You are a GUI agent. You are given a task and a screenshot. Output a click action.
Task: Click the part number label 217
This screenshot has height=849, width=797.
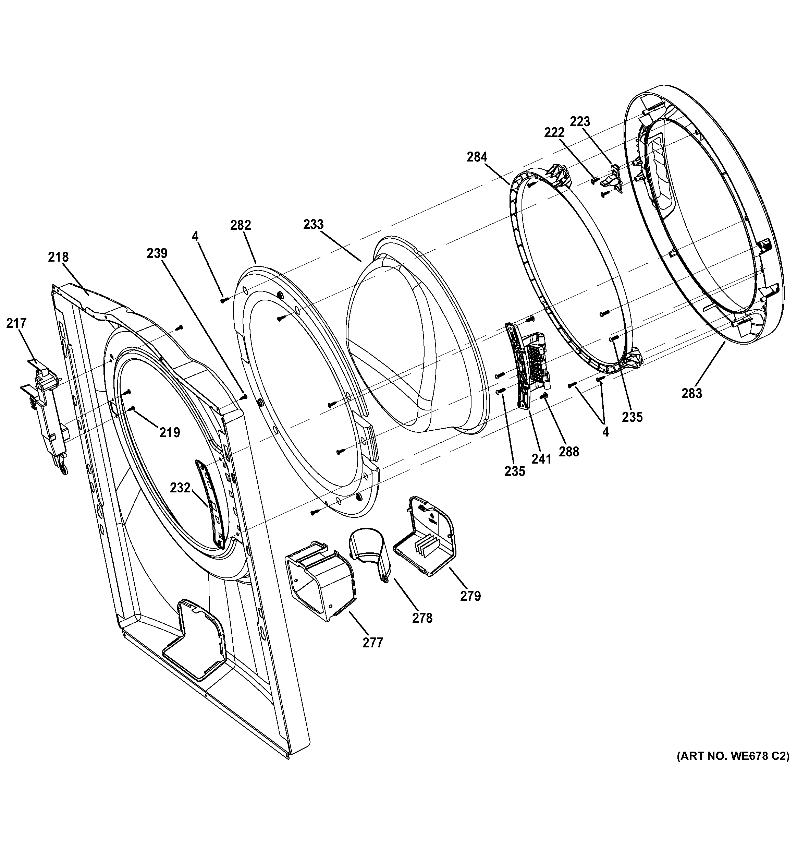tap(16, 324)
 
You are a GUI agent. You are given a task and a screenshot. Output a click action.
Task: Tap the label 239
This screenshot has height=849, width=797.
tap(157, 253)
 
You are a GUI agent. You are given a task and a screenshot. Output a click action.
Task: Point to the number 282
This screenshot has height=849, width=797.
tap(241, 225)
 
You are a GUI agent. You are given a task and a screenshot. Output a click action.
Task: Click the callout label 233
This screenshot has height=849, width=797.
tap(314, 224)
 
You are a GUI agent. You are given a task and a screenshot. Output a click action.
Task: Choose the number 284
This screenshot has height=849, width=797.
tap(477, 157)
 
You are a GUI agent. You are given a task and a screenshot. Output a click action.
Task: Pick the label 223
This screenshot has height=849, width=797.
tap(580, 122)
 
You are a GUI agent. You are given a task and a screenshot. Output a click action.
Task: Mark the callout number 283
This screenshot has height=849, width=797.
tap(691, 393)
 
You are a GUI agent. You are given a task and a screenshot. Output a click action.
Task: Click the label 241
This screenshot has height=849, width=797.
tap(541, 459)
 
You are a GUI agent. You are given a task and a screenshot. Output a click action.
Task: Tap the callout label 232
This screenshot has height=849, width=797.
tap(180, 487)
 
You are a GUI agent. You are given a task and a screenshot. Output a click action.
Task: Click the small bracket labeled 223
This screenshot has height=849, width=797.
tap(613, 179)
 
